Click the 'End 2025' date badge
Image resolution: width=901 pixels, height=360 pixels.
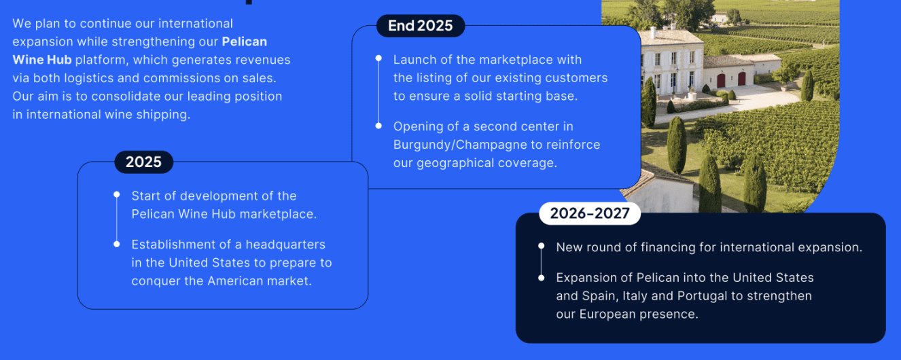click(421, 26)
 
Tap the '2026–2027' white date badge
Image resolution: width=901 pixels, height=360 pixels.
click(590, 213)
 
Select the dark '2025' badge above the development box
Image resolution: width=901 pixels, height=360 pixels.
click(143, 162)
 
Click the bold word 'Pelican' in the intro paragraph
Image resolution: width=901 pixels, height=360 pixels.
click(245, 41)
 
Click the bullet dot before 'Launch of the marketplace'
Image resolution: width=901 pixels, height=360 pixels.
click(378, 58)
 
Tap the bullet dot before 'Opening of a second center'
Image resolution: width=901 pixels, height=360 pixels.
click(378, 126)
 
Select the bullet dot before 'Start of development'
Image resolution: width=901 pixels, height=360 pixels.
click(117, 195)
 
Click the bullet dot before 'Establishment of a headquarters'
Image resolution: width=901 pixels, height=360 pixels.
click(117, 244)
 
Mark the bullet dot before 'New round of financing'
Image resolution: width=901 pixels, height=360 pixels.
click(542, 246)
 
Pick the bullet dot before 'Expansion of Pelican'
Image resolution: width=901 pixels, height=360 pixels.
click(542, 278)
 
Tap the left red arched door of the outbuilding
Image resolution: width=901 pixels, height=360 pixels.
click(721, 80)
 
